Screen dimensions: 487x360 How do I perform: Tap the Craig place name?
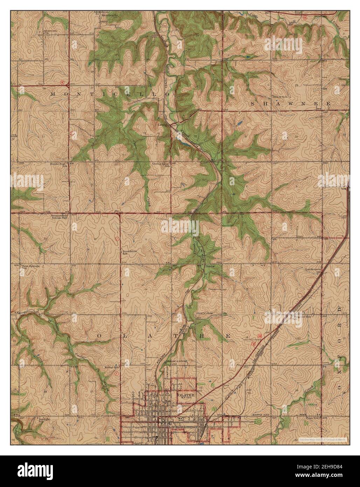(x=161, y=124)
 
